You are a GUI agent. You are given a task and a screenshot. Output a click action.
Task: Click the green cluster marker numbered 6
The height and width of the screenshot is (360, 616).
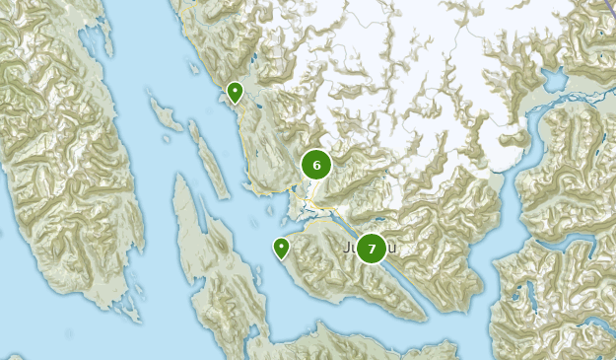(x=316, y=165)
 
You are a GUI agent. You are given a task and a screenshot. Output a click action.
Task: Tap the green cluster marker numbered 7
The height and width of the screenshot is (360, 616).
(x=372, y=249)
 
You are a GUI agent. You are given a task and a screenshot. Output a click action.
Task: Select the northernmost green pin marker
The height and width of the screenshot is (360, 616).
(x=235, y=92)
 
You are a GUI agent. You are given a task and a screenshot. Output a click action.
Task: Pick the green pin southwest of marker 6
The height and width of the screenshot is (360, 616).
(x=282, y=248)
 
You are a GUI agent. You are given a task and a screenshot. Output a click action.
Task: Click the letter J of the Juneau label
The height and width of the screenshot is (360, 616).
(x=350, y=248)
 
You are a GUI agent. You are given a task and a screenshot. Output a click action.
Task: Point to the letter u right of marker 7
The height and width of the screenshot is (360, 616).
(x=392, y=249)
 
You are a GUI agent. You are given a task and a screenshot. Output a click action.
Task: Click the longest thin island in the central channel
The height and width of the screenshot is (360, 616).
(x=209, y=158)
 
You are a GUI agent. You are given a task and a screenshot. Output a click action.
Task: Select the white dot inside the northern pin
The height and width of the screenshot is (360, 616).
(x=235, y=90)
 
